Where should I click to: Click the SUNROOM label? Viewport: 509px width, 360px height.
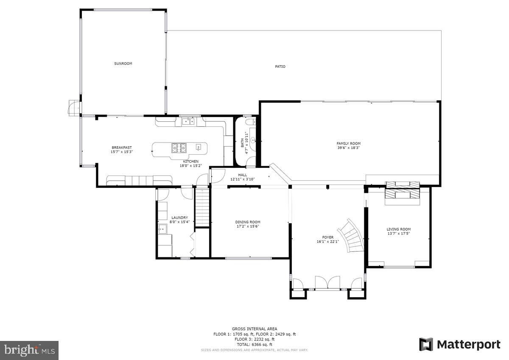tap(123, 64)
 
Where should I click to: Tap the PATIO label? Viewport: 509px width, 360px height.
tap(280, 67)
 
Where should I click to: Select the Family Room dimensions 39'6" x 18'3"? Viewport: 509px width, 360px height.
tap(349, 148)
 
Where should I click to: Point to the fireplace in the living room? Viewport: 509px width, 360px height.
tap(402, 193)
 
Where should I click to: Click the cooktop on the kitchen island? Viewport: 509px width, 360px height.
tap(179, 148)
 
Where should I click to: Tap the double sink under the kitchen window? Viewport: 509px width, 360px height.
tap(188, 122)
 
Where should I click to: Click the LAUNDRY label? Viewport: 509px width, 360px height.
tap(179, 218)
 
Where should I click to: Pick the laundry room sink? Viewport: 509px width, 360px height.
tap(163, 229)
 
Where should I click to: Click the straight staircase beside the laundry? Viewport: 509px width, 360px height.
tap(202, 208)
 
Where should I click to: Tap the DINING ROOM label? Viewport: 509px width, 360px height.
tap(248, 222)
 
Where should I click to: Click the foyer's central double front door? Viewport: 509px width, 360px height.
tap(327, 283)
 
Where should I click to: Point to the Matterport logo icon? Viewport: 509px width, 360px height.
tap(426, 344)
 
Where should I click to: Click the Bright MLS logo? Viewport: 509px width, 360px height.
tap(29, 350)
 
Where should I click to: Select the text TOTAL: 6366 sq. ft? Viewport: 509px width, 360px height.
tap(255, 344)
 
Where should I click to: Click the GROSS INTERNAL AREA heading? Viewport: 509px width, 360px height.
tap(255, 329)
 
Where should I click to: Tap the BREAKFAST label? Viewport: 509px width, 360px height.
tap(121, 148)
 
